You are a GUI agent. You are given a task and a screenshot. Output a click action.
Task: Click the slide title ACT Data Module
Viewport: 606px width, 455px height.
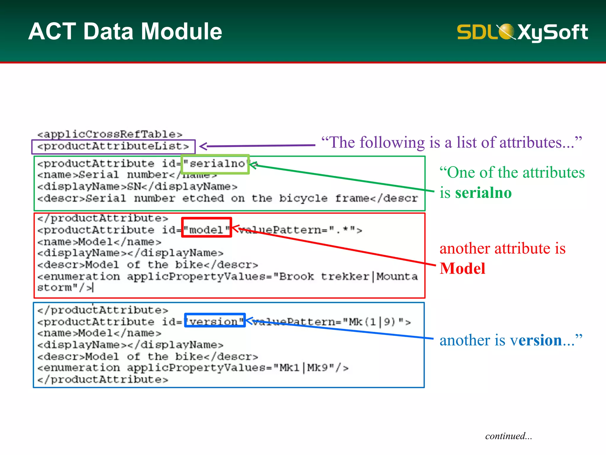pyautogui.click(x=125, y=31)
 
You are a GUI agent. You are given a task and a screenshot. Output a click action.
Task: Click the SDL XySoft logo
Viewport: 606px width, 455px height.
pyautogui.click(x=522, y=32)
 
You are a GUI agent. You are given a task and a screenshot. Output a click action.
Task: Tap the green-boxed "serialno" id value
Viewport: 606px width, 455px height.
pyautogui.click(x=215, y=164)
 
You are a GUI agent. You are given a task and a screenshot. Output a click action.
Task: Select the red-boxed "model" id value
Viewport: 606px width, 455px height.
pyautogui.click(x=206, y=230)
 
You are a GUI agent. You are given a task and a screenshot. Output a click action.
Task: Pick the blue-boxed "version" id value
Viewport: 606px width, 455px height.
pyautogui.click(x=215, y=321)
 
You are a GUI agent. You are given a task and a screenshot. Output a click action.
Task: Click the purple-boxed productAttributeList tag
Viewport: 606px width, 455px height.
pyautogui.click(x=113, y=146)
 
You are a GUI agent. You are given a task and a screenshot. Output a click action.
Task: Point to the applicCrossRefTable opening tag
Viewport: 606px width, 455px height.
pyautogui.click(x=110, y=134)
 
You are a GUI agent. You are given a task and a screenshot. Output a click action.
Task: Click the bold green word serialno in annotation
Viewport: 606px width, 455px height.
pyautogui.click(x=483, y=193)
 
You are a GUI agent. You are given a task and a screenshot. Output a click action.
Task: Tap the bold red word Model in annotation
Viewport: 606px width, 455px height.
pyautogui.click(x=462, y=269)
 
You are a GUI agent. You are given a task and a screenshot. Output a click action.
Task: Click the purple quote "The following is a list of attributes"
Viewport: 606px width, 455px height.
pyautogui.click(x=451, y=142)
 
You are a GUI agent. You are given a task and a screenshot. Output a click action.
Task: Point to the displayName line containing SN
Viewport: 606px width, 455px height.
pyautogui.click(x=137, y=187)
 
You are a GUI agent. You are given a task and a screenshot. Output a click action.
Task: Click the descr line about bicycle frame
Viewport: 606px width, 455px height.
pyautogui.click(x=227, y=198)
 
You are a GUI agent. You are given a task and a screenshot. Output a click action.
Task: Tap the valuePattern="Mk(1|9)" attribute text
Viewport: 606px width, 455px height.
pyautogui.click(x=331, y=322)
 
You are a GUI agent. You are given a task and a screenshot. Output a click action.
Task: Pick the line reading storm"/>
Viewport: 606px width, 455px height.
pyautogui.click(x=65, y=288)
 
